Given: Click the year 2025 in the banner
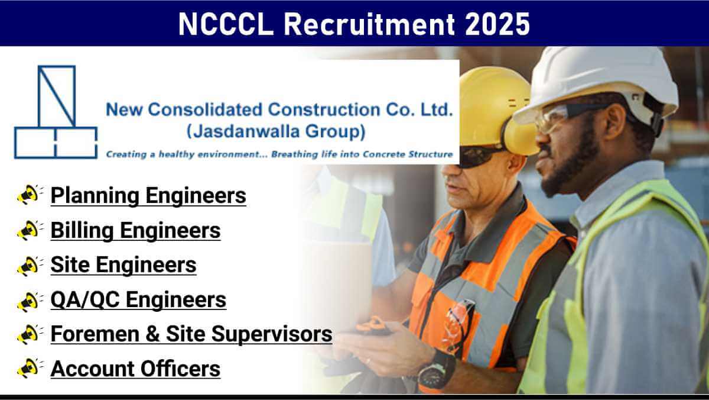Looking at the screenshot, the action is [497, 24].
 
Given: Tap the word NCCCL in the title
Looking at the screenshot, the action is [226, 24].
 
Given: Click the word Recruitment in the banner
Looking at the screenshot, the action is [369, 24].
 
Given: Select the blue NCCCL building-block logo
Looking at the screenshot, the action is [56, 112].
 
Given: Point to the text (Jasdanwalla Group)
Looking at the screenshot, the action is [276, 131].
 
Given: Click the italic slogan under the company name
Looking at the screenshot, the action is [279, 154].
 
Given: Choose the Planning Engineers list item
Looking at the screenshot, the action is [148, 196].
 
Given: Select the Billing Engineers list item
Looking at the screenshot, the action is [135, 230].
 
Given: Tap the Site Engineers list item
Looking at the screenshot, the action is [123, 265].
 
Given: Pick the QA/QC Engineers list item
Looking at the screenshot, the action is [138, 300].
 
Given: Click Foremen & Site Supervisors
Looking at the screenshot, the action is [191, 334].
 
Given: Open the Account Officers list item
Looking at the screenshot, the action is [135, 369].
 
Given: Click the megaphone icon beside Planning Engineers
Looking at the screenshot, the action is [30, 194].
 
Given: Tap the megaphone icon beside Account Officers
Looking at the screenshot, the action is [30, 367].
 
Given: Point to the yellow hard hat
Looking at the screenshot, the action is [494, 105].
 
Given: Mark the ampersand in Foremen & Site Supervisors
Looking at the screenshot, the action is [152, 334].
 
